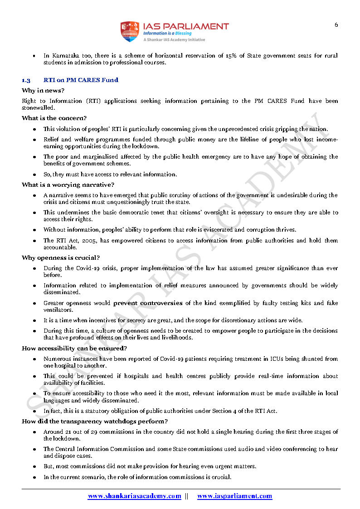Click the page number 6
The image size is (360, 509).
pos(336,25)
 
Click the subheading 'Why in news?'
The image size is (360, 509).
pos(43,91)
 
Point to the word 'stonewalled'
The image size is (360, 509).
pos(38,108)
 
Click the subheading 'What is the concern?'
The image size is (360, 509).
pos(54,118)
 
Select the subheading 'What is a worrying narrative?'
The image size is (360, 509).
pos(68,184)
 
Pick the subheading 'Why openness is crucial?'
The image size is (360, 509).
pos(61,258)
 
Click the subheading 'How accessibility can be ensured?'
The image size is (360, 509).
pos(74,349)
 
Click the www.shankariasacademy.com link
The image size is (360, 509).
pos(134,496)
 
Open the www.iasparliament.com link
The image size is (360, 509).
pos(234,496)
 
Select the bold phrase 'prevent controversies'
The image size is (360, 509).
pos(148,303)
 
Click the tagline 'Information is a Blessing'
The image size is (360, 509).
pos(167,34)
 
